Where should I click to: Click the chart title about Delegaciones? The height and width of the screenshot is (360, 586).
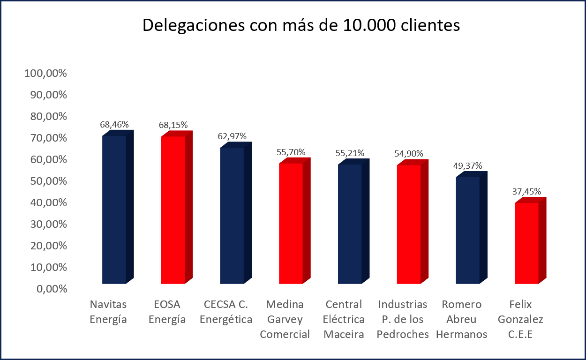click(301, 26)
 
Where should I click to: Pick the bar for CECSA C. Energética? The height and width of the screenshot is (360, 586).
click(232, 215)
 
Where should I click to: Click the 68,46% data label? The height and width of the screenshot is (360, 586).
click(114, 125)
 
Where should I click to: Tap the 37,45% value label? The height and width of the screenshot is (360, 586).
click(527, 191)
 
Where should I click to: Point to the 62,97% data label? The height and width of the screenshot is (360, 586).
click(232, 136)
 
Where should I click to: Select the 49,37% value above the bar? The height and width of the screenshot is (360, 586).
click(468, 166)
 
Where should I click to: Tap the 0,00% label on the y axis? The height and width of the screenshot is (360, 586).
click(51, 289)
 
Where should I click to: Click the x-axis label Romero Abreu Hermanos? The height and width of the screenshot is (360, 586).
click(461, 319)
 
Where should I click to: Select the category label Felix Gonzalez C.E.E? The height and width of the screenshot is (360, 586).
click(520, 319)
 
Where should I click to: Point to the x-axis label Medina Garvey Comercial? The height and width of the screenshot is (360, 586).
click(285, 319)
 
